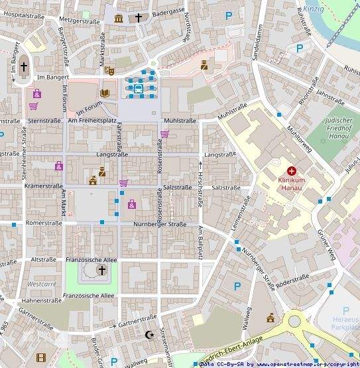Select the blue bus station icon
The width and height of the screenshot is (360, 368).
pyautogui.click(x=139, y=88)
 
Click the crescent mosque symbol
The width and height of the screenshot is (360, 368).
pyautogui.click(x=150, y=335)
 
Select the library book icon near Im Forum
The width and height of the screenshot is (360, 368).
pyautogui.click(x=105, y=92)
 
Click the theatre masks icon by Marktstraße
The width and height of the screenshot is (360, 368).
pyautogui.click(x=109, y=69)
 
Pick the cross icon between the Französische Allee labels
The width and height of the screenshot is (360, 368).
pyautogui.click(x=101, y=270)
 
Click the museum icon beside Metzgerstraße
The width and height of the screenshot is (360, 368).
pyautogui.click(x=119, y=18)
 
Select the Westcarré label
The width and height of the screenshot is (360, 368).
pyautogui.click(x=42, y=283)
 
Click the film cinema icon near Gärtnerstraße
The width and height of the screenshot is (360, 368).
pyautogui.click(x=42, y=358)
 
